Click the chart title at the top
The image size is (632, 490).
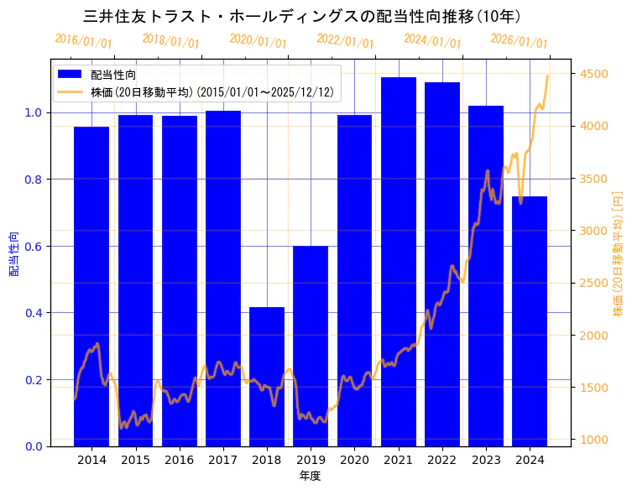pos(302,17)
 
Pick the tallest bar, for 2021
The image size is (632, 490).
pos(399,261)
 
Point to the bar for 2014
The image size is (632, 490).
pos(91,286)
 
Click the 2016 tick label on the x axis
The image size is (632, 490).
pos(180,460)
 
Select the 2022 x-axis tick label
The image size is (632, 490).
pos(442,460)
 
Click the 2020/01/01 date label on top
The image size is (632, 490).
pos(258,41)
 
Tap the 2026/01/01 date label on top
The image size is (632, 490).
pos(519,41)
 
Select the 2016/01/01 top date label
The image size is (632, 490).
pos(83,41)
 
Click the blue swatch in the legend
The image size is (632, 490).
pos(71,75)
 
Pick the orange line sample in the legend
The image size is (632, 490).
pos(71,91)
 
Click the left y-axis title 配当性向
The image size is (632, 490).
pos(14,253)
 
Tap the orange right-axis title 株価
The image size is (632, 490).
pos(619,253)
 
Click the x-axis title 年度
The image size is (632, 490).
pos(311,476)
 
